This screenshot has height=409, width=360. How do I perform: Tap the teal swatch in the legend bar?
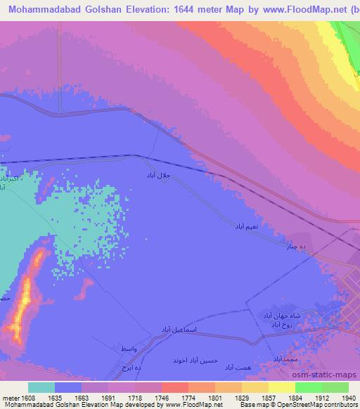pos(41,387)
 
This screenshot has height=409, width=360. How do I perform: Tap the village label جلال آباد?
pos(158,174)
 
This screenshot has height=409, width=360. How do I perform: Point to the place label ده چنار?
pos(295,246)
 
